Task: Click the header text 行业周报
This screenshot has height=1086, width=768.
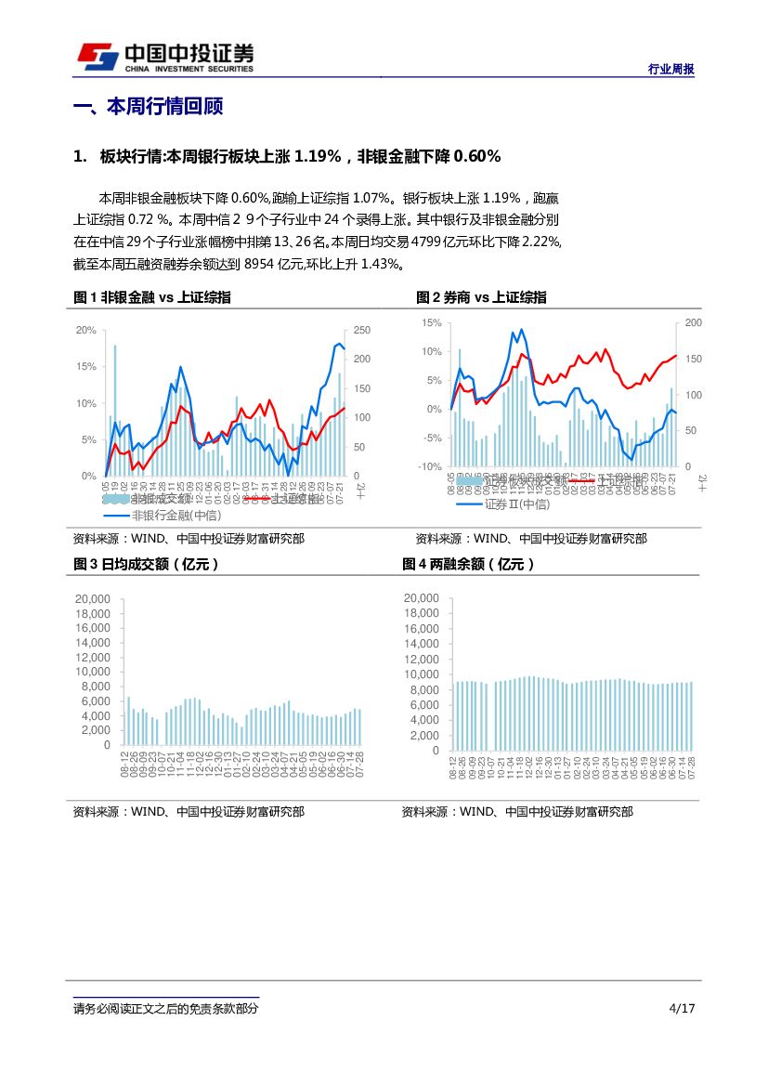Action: (670, 70)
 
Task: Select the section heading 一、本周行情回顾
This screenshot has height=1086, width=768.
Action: (148, 107)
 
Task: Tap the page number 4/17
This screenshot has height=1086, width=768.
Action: (682, 1009)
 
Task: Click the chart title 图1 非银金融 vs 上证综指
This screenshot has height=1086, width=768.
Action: (152, 297)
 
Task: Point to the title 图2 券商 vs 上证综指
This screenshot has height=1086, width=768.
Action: (481, 297)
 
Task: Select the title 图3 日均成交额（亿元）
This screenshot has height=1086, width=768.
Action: (146, 564)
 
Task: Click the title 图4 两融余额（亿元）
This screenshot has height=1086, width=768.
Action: (468, 564)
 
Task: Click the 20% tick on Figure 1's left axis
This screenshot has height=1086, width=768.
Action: (86, 331)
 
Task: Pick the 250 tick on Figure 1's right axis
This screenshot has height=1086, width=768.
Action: (362, 331)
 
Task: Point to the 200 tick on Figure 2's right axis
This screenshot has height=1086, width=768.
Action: (694, 322)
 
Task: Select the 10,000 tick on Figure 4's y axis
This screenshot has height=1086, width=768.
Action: (422, 674)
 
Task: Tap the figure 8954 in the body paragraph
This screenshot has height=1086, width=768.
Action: (259, 265)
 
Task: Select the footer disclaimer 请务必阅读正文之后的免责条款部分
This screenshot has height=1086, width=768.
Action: (165, 1009)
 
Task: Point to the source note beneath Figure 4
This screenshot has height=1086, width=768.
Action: (517, 812)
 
